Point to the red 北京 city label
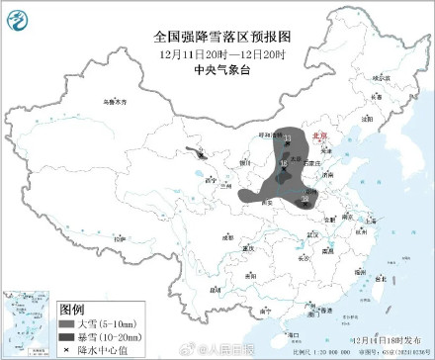pyautogui.click(x=318, y=135)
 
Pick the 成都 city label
pyautogui.click(x=228, y=237)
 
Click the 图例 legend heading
pyautogui.click(x=72, y=309)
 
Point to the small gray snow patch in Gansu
pyautogui.click(x=202, y=155)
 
